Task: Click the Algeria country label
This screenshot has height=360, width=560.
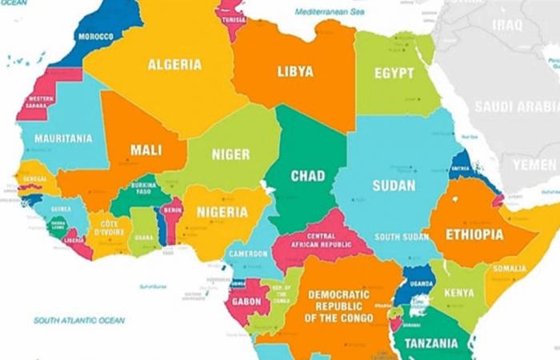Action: click(x=174, y=65)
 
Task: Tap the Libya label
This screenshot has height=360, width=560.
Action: click(x=295, y=72)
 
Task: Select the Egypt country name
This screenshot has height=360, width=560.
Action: click(x=394, y=74)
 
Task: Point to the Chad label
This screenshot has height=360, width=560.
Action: click(x=307, y=176)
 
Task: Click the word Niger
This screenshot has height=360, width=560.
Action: click(x=230, y=154)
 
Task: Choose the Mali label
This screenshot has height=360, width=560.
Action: click(x=146, y=149)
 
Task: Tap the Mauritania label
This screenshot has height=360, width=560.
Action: click(x=63, y=138)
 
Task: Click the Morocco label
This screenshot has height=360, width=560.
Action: click(x=95, y=37)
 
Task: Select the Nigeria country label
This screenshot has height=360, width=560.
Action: click(x=222, y=212)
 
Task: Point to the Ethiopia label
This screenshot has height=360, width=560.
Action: click(x=475, y=235)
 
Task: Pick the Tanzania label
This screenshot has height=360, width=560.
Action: click(x=430, y=344)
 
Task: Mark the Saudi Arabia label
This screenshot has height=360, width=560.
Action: click(x=516, y=106)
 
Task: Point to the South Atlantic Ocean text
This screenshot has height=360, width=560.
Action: click(x=79, y=320)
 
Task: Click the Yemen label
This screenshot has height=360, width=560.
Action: click(x=534, y=164)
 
